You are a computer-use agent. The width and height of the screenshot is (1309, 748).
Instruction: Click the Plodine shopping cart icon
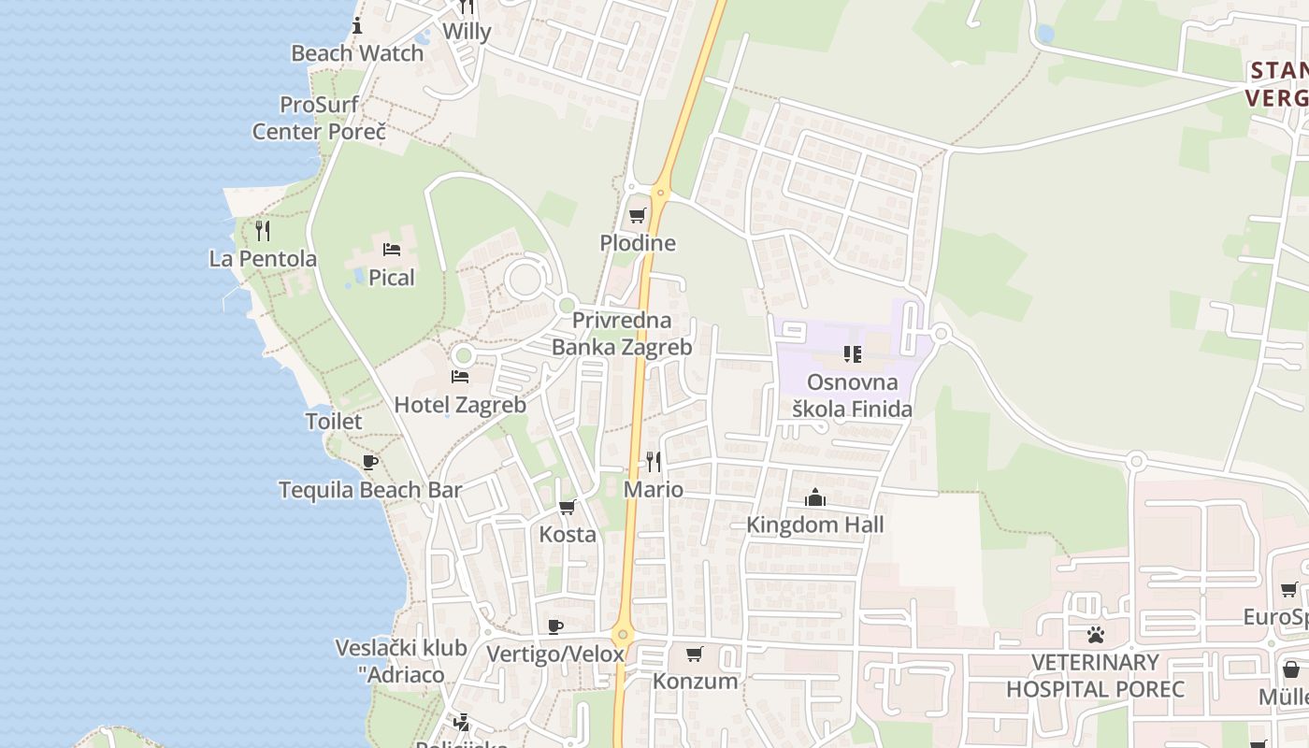[x=638, y=216]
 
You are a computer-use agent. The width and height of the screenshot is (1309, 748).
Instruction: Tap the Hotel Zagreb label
[x=460, y=405]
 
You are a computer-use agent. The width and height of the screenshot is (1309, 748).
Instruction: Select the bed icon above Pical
[x=392, y=249]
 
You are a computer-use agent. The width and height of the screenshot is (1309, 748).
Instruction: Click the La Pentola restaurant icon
[x=263, y=230]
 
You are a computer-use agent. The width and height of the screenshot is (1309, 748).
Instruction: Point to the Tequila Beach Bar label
[x=370, y=490]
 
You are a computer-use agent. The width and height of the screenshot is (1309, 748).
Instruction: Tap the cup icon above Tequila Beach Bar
[x=370, y=462]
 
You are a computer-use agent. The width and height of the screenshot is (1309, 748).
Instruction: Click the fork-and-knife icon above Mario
[x=654, y=461]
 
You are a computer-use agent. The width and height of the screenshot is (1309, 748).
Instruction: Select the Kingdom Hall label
[x=814, y=525]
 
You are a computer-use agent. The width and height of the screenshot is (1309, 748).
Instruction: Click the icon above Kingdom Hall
[x=814, y=496]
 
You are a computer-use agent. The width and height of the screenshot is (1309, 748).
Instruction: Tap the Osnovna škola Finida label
[x=852, y=395]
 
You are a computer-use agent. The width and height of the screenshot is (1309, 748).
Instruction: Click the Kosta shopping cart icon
[x=567, y=507]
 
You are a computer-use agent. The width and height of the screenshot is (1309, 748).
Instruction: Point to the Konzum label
[x=695, y=681]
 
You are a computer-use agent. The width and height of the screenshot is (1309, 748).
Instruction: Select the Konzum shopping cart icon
[x=694, y=654]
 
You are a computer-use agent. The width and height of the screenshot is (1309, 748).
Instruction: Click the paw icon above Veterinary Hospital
[x=1096, y=635]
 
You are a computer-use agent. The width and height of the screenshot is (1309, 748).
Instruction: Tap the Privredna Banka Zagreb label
[x=622, y=334]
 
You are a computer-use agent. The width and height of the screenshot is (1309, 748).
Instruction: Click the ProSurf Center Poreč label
[x=319, y=118]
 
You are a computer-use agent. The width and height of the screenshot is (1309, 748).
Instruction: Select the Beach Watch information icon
[x=356, y=25]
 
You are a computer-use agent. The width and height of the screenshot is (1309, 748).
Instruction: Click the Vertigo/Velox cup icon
[x=555, y=626]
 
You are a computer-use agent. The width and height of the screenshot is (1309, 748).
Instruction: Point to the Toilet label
[x=334, y=421]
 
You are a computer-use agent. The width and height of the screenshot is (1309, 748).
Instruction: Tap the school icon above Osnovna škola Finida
[x=852, y=353]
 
